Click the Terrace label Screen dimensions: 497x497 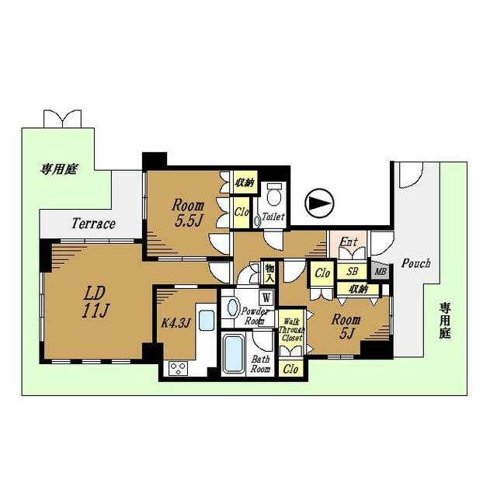pos(93,224)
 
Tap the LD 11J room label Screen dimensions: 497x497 pos(95,302)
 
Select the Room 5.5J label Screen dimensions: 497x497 pos(188,214)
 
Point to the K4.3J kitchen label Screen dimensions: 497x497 pos(176,323)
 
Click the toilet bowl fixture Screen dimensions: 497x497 pos(274,195)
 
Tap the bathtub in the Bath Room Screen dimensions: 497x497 pos(234,354)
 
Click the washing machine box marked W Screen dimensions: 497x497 pos(266,297)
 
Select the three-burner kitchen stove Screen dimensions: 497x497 pos(178,368)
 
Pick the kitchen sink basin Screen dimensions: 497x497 pos(207,321)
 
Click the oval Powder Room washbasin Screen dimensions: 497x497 pos(233,308)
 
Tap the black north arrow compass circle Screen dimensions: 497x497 pos(319,203)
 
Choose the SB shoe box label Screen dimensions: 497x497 pos(352,271)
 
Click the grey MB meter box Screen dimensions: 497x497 pos(381,271)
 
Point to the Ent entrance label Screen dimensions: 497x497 pos(349,242)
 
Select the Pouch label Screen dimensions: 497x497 pos(416,263)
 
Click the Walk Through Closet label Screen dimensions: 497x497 pos(291,330)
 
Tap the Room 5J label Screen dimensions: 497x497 pos(346,326)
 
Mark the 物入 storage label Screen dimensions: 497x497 pos(269,273)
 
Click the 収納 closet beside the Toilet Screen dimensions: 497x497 pos(245,182)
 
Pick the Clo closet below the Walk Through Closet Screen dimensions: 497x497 pos(290,368)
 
